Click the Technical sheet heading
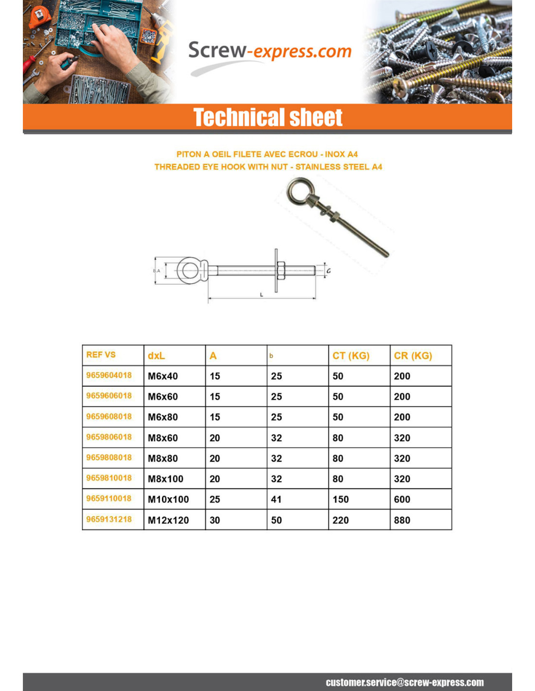point(267,118)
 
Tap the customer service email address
point(405,682)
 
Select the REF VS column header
point(101,355)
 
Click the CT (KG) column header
point(351,356)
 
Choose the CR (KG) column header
point(412,356)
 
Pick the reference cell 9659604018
point(109,375)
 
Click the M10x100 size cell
point(168,499)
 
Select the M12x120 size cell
point(168,520)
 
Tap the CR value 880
point(402,520)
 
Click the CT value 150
point(340,499)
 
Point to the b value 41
point(276,499)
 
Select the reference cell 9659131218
point(109,519)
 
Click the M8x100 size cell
point(165,479)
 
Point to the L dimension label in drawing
point(261,294)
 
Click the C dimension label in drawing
point(328,271)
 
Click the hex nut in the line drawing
point(281,270)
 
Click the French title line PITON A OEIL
point(267,154)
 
